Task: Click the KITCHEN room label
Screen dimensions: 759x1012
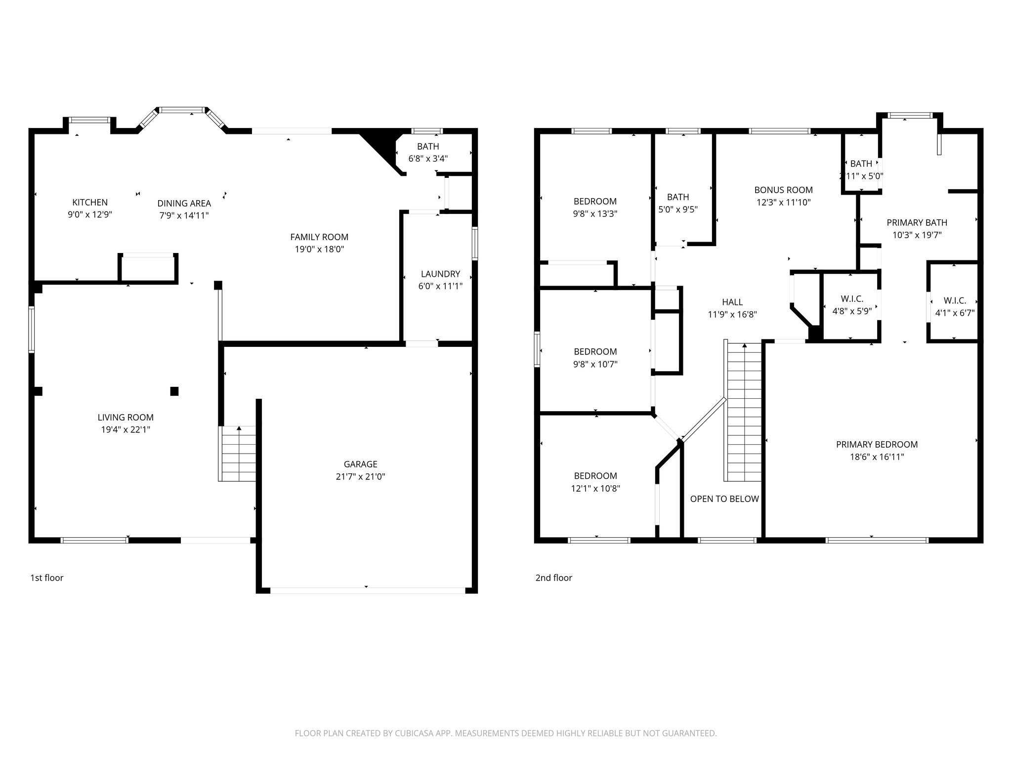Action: click(89, 202)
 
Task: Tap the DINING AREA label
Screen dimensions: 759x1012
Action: click(184, 203)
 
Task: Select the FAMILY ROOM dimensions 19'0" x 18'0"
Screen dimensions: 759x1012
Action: click(319, 250)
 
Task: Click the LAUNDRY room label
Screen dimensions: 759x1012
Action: click(440, 274)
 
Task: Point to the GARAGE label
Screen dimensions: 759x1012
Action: click(360, 464)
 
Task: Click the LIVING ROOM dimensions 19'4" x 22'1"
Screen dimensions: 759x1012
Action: click(126, 430)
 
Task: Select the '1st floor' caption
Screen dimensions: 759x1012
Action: click(47, 578)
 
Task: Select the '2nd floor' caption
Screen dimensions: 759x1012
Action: click(553, 578)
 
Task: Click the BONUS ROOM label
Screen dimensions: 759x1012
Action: click(783, 190)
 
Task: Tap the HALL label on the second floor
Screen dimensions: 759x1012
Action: click(732, 302)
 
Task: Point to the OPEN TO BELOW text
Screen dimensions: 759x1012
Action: click(724, 499)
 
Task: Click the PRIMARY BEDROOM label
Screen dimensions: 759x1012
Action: click(877, 444)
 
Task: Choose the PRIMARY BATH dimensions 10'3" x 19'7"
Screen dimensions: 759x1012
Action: click(917, 235)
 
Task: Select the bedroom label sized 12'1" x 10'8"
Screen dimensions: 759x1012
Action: click(595, 476)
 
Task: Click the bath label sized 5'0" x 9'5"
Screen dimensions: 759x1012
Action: click(677, 197)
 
